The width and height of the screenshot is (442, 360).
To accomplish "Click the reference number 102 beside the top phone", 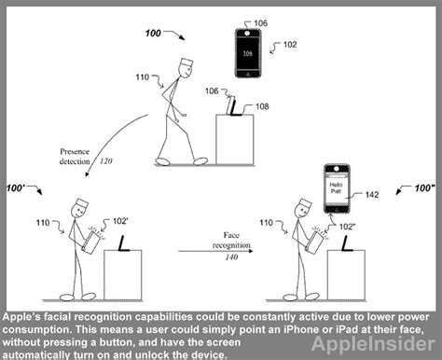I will coord(290,44).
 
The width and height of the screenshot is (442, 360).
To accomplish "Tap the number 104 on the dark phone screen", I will coord(247,53).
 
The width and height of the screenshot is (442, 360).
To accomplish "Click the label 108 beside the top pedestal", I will coord(262,107).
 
